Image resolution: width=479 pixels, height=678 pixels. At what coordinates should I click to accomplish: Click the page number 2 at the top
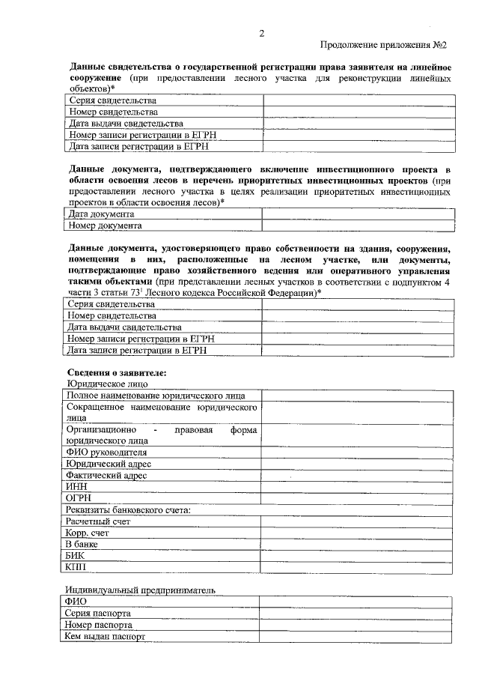click(x=261, y=33)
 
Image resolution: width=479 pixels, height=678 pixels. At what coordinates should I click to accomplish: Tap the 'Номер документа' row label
click(x=104, y=225)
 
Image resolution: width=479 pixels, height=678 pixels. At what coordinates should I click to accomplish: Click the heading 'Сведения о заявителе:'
click(x=116, y=372)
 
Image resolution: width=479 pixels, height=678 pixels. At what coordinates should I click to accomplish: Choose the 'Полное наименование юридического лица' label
click(x=154, y=395)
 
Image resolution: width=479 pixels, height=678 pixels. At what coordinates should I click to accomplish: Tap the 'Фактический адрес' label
click(x=106, y=475)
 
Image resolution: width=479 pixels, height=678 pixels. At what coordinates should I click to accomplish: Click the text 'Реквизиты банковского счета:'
click(x=128, y=509)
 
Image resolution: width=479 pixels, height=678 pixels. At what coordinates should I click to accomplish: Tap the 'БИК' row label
click(x=76, y=556)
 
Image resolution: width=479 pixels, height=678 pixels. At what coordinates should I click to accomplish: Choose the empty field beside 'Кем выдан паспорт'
click(x=356, y=636)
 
